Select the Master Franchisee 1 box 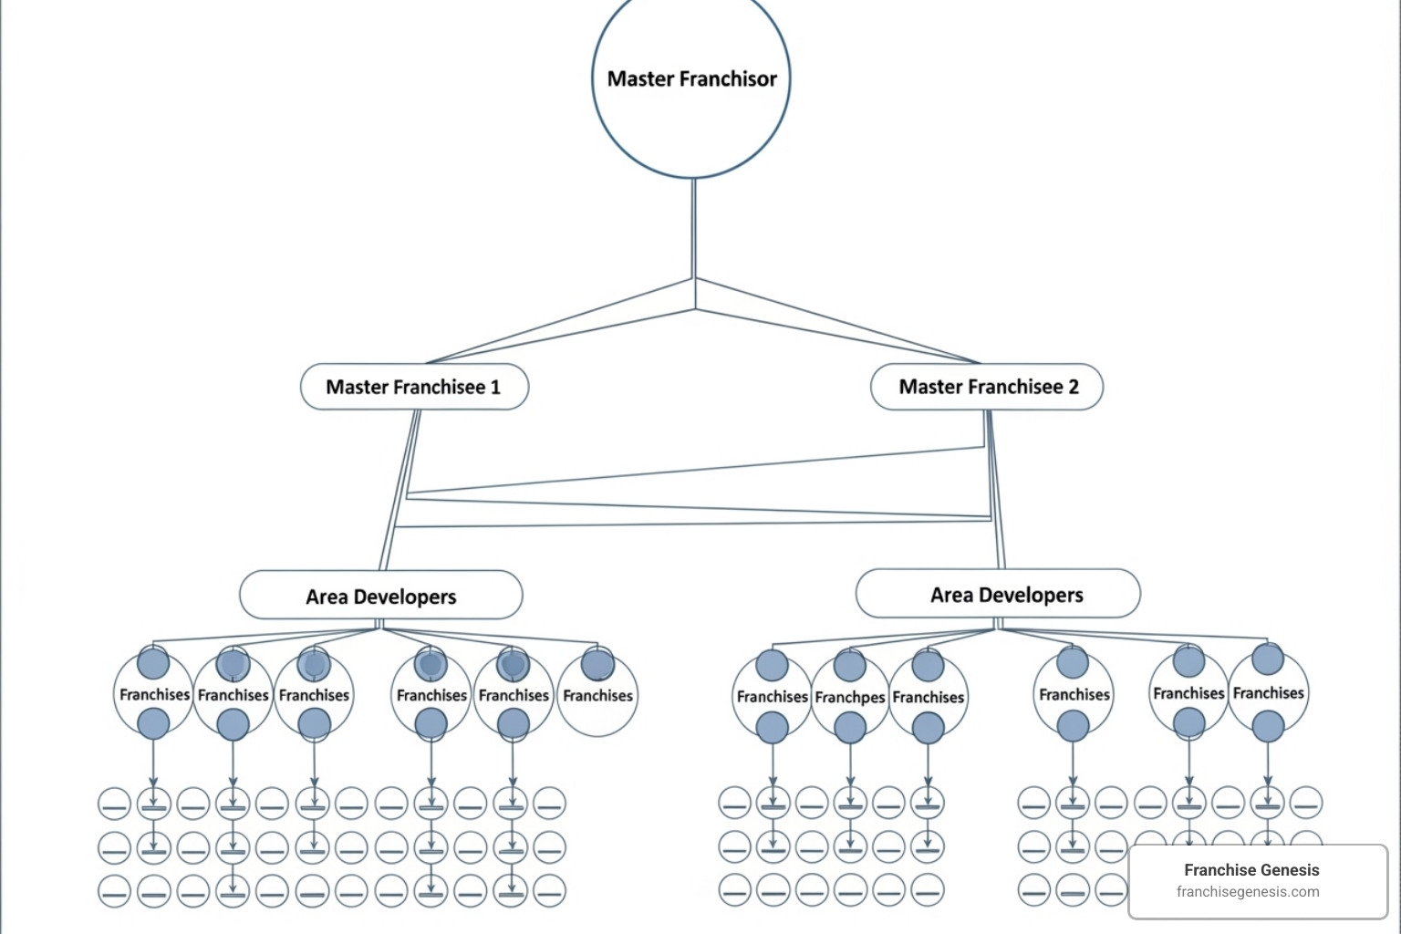point(414,387)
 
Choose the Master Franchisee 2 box point(987,387)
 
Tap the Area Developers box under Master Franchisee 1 point(380,596)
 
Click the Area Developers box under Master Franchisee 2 point(998,594)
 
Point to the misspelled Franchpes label point(850,698)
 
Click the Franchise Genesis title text point(1251,870)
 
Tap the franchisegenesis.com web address point(1248,892)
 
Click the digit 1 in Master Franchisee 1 point(495,388)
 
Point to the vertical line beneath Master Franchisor point(693,228)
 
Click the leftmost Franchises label point(154,695)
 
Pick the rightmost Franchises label point(1268,693)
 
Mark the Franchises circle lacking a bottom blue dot point(597,696)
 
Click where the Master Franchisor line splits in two point(694,279)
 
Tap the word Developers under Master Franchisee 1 point(405,597)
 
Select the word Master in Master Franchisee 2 point(930,387)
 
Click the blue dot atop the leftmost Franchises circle point(153,664)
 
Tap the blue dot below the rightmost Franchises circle point(1268,727)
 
